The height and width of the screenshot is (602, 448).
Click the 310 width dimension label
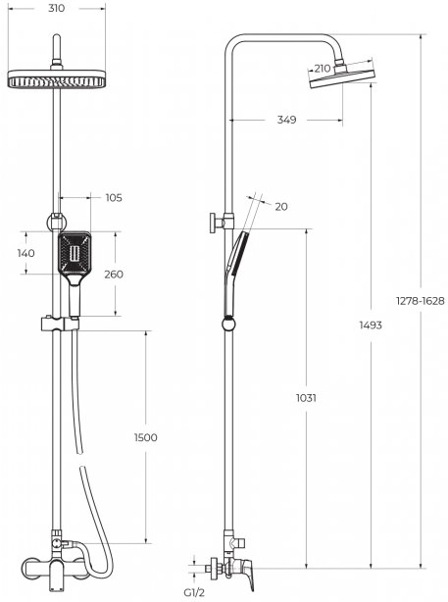coord(57,9)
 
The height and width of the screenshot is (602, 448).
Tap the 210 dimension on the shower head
coord(323,69)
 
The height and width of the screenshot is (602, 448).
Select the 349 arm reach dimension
coord(287,120)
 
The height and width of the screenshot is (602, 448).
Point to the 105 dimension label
coord(114,198)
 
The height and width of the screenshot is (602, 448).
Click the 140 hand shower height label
coord(25,253)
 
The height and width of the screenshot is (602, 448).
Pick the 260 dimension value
coord(114,275)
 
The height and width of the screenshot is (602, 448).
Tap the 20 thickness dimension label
coord(281,207)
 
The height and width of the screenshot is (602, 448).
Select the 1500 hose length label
coord(145,437)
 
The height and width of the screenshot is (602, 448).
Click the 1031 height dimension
coord(306,398)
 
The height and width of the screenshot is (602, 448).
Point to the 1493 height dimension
coord(371,326)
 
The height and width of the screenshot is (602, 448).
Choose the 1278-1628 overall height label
coord(421,301)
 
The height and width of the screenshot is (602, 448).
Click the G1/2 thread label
coord(194,593)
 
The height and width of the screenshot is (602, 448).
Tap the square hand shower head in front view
coord(75,252)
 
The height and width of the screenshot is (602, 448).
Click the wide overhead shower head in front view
coord(57,78)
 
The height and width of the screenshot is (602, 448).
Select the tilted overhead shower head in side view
coord(342,76)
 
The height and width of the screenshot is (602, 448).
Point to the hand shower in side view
coord(233,274)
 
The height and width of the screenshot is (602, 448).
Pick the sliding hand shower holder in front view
coord(60,324)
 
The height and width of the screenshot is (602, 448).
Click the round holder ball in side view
coord(228,324)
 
